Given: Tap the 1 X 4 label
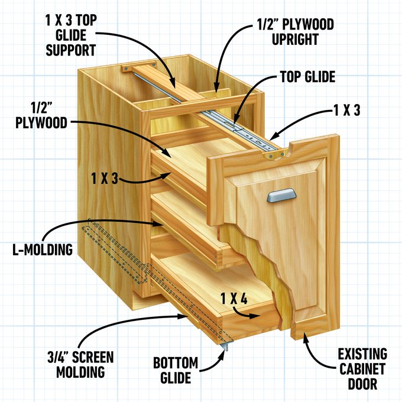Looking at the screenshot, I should tap(234, 297).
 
